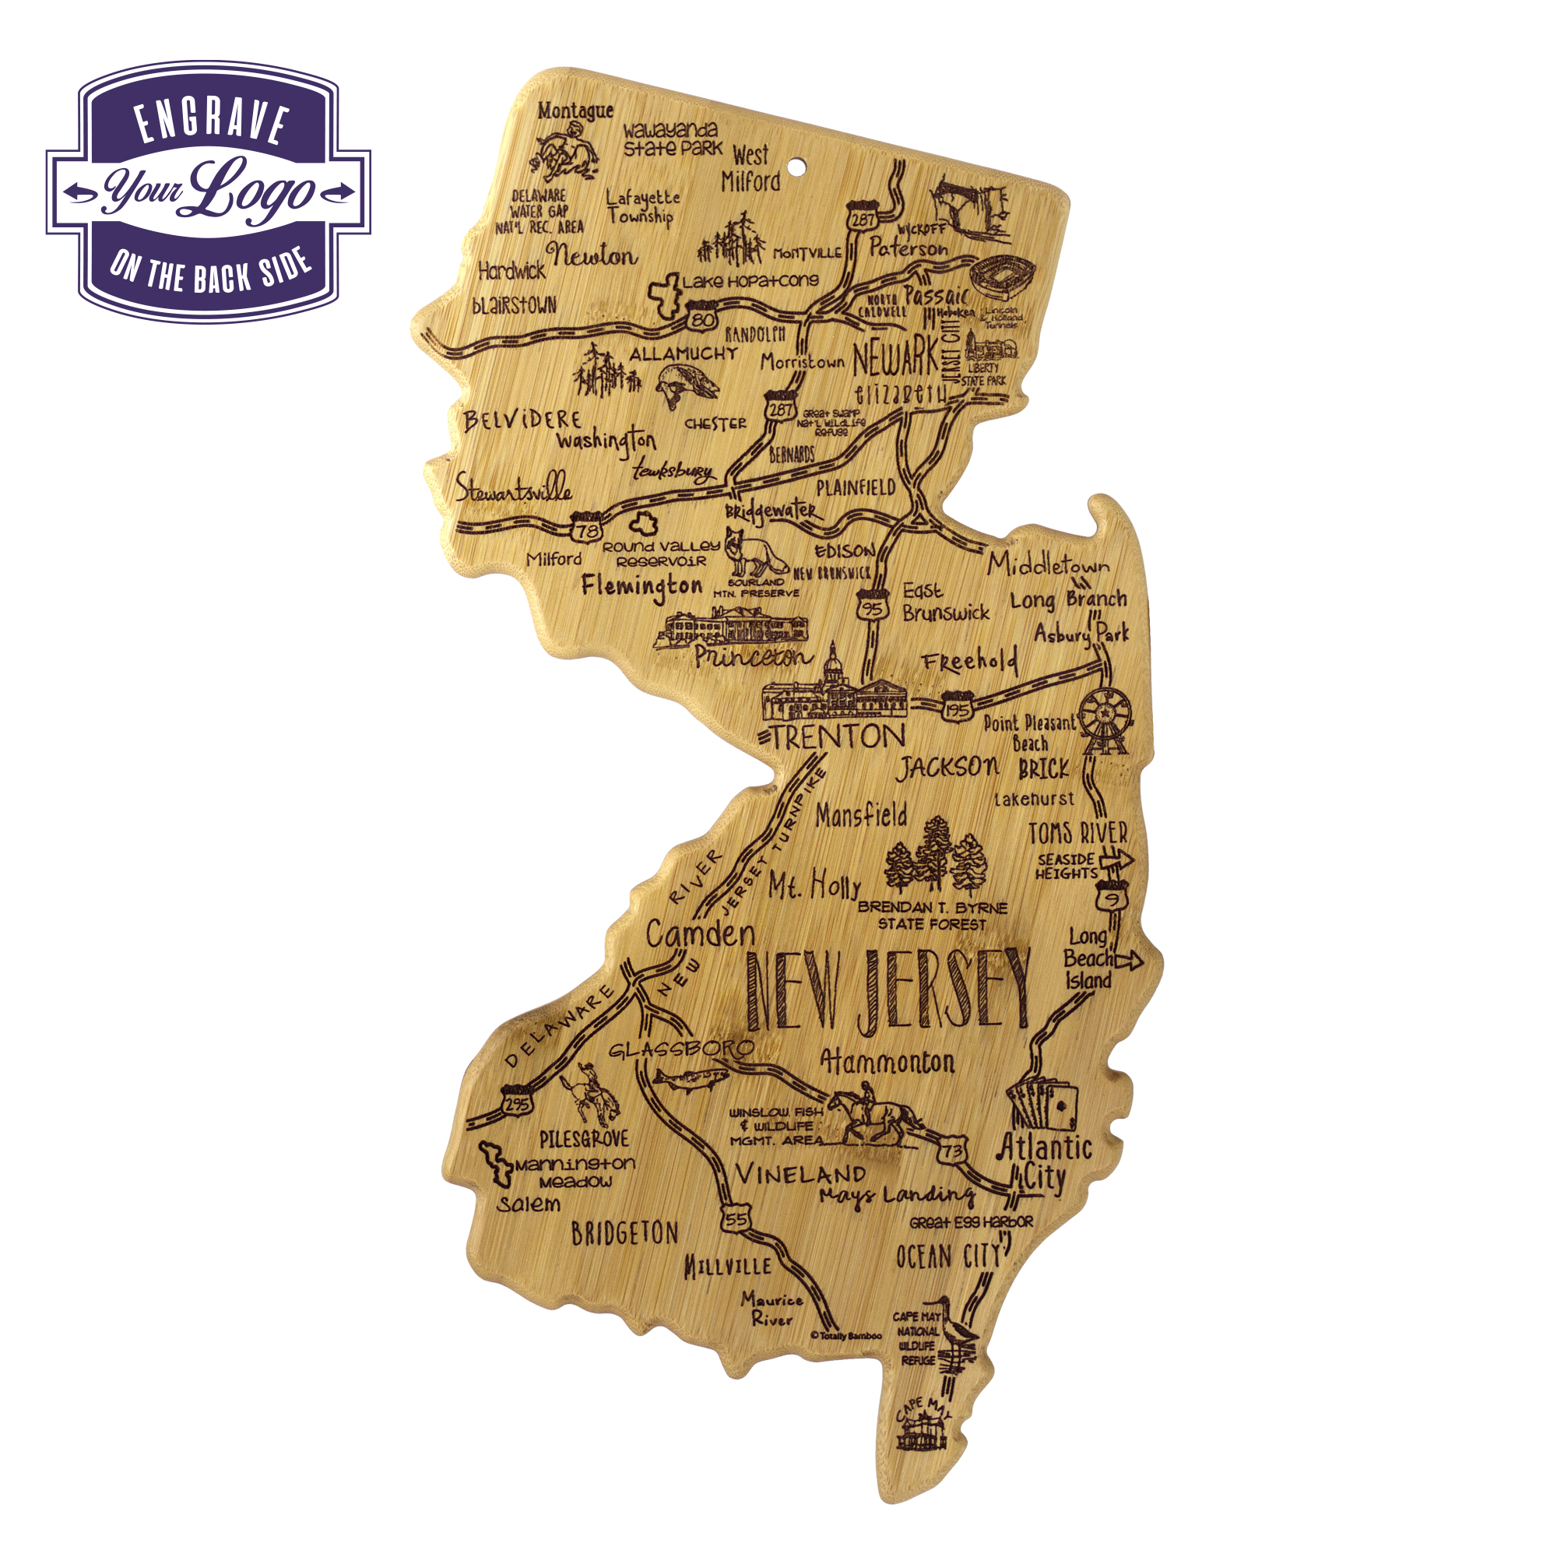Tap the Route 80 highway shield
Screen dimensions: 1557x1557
703,318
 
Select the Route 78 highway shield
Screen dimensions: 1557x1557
587,528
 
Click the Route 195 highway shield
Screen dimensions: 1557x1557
958,708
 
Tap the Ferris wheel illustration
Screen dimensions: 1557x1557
1105,717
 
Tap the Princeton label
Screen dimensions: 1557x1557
751,657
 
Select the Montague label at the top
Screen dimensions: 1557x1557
575,111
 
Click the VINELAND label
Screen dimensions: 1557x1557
800,1174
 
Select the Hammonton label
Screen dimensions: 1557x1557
887,1062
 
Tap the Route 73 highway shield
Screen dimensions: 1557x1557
952,1151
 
